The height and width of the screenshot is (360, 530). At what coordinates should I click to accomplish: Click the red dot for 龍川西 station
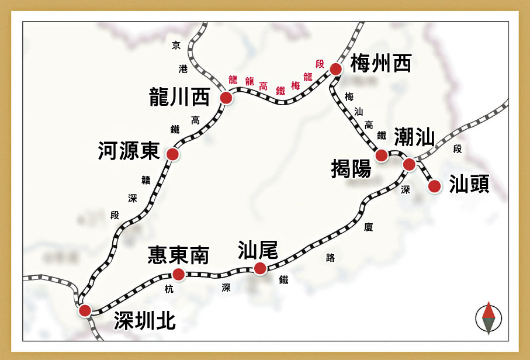point(226,98)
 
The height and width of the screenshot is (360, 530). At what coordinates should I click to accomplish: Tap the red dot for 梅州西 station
point(335,70)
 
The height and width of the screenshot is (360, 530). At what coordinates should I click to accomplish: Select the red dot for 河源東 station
point(172,154)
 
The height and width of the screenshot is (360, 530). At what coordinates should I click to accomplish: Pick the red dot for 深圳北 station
point(85,310)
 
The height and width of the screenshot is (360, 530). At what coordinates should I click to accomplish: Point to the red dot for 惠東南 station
point(179,274)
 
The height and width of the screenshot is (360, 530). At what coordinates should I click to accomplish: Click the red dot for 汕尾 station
point(260,268)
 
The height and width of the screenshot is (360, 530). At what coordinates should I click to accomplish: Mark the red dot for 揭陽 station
point(382,155)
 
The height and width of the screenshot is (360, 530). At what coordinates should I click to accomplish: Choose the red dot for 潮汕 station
point(409,164)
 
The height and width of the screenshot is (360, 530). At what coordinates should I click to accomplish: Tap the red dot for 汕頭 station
point(434,186)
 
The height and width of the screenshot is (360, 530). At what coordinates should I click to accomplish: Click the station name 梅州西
point(381,64)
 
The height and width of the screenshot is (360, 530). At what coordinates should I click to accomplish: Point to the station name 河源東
point(129,152)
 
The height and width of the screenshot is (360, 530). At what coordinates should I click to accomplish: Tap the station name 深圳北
point(144,320)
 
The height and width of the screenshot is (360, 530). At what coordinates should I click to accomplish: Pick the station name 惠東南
point(178,254)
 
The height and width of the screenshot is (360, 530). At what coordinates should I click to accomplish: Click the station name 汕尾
point(258,250)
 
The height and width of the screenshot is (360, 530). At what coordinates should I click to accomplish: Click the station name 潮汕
point(414,137)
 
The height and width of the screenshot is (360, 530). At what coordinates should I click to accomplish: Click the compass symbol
point(489,319)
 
